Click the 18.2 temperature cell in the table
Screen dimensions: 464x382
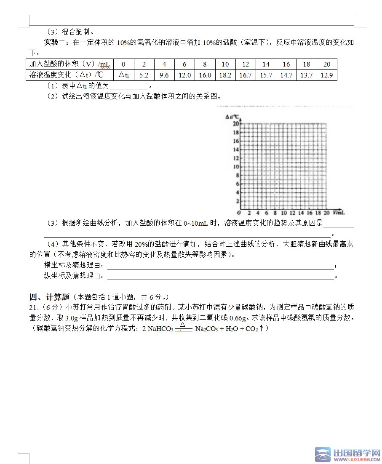[225, 75]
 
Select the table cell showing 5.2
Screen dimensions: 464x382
[144, 75]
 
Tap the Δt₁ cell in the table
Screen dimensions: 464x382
[123, 75]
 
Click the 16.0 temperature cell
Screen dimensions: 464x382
[205, 75]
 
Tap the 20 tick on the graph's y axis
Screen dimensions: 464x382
[236, 124]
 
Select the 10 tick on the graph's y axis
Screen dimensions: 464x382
[236, 167]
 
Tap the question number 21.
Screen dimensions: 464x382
[34, 307]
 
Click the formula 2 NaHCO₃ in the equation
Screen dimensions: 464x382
[158, 328]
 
